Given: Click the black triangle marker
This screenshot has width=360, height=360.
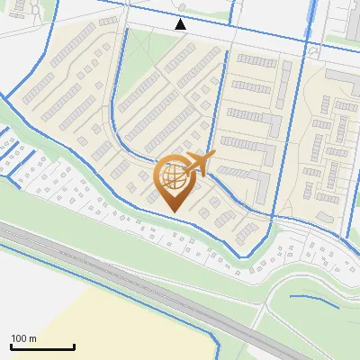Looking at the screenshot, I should tap(181, 24).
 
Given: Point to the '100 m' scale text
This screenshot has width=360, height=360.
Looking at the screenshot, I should tap(23, 338).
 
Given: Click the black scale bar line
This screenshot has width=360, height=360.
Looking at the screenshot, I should tap(42, 346).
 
